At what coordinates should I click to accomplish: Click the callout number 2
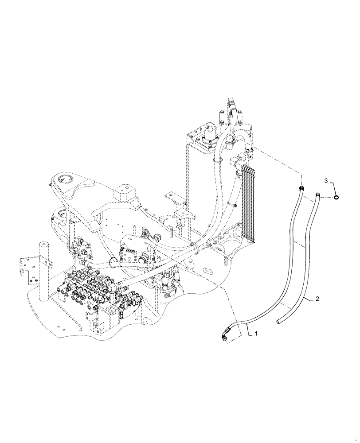click(x=317, y=299)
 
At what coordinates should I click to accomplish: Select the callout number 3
click(x=326, y=181)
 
